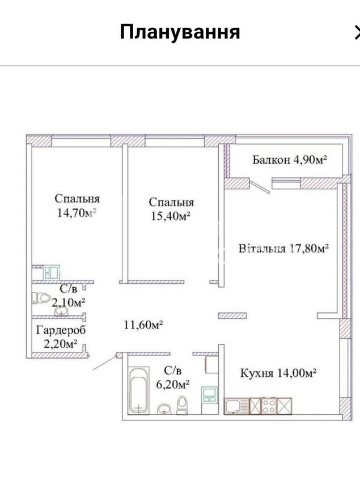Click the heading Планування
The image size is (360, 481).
tap(180, 32)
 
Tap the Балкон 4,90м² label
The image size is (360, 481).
tap(289, 160)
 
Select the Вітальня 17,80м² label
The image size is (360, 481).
tap(284, 248)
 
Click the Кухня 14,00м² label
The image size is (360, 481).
tap(278, 373)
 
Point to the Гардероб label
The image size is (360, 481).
tap(61, 330)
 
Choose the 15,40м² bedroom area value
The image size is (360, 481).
tap(171, 216)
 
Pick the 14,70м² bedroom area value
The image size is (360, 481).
tap(77, 212)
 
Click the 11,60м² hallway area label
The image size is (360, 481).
tap(143, 325)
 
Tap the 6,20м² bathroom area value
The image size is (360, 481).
tap(172, 384)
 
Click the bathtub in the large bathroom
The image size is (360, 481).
tap(139, 390)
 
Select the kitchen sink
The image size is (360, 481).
tap(236, 406)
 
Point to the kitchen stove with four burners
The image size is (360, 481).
tap(269, 406)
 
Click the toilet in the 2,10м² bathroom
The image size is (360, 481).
tap(41, 298)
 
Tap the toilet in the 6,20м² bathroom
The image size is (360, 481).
tap(183, 405)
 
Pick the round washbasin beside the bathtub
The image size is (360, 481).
tap(164, 409)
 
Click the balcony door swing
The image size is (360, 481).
tap(260, 187)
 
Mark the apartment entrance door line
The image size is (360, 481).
tap(105, 363)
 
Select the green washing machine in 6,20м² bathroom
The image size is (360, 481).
tap(209, 394)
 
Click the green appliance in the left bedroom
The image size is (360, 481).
tap(51, 273)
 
